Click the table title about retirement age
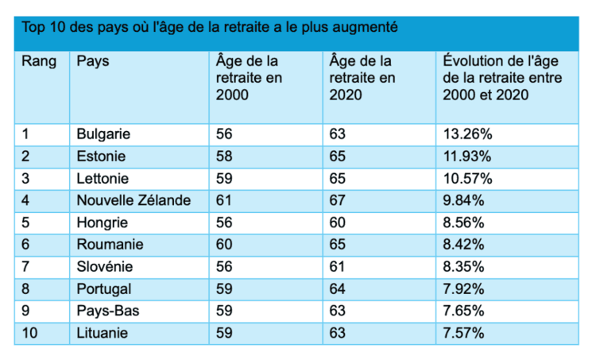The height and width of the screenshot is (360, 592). [x=210, y=28]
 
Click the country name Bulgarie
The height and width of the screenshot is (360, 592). [x=103, y=134]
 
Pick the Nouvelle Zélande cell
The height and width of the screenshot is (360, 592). [x=133, y=200]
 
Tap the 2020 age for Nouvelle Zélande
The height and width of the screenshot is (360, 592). [x=338, y=200]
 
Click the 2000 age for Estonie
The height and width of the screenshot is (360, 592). [x=224, y=156]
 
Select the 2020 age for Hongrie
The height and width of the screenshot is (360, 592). [x=338, y=223]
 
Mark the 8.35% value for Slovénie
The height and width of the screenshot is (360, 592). [x=464, y=266]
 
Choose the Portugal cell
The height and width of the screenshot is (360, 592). [x=104, y=288]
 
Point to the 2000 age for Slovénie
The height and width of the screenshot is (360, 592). [x=224, y=266]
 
